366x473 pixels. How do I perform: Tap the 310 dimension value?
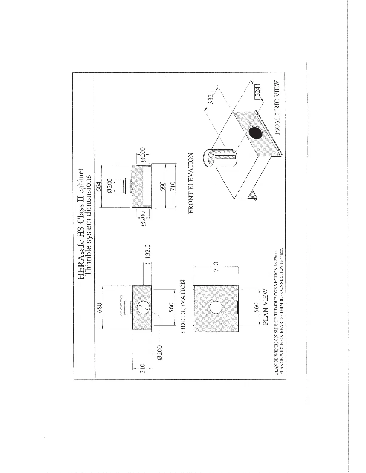point(143,368)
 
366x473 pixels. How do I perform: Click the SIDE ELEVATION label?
point(183,307)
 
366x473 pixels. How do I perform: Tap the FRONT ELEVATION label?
point(191,183)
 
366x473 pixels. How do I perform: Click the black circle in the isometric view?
point(256,133)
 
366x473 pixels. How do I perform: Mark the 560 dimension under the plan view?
point(257,307)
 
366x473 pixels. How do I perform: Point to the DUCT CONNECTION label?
point(121,306)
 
